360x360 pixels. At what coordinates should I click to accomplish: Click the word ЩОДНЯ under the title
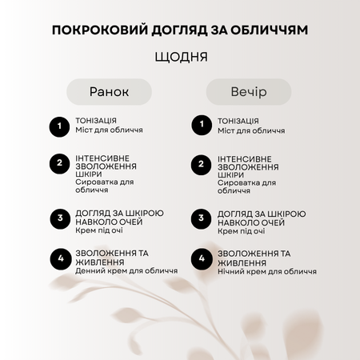(180, 58)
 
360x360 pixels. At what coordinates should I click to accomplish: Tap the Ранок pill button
(108, 91)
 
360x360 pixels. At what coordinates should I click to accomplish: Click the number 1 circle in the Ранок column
(58, 126)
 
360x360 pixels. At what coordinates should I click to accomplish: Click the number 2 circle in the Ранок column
(58, 164)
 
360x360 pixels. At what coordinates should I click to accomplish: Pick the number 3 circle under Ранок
(58, 218)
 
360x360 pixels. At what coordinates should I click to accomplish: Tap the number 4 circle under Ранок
(58, 258)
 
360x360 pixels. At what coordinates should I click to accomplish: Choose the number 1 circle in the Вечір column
(200, 126)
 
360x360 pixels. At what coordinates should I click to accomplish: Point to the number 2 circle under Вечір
(200, 164)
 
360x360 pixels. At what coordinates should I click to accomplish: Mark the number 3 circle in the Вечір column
(200, 218)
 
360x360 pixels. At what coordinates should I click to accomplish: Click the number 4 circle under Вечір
(200, 258)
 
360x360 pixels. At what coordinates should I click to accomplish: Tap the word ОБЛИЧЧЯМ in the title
(271, 30)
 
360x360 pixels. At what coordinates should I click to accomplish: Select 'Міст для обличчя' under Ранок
(109, 130)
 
